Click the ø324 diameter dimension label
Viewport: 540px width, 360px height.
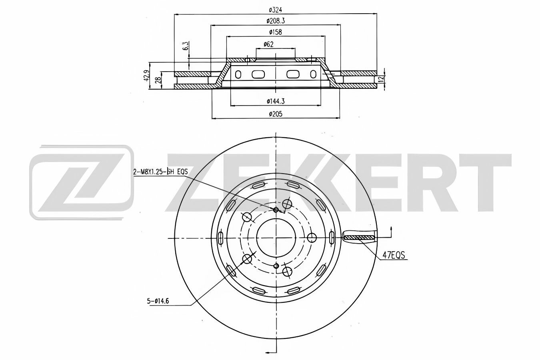tap(276, 10)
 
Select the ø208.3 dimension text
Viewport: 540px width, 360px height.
tap(276, 21)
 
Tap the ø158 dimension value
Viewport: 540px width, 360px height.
tap(276, 32)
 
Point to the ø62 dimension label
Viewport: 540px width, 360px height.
tap(268, 44)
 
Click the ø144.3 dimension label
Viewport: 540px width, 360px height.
tap(276, 101)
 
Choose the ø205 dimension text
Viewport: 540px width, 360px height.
tap(276, 114)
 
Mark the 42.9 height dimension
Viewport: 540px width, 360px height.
tap(146, 75)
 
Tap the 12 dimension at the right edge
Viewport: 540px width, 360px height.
tap(381, 79)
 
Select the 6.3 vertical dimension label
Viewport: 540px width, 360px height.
tap(186, 46)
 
